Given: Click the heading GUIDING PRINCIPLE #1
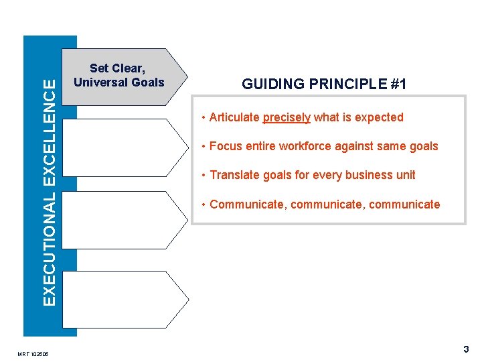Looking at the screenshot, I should [324, 84].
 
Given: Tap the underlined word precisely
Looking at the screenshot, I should [287, 118].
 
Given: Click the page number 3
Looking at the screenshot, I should [466, 349].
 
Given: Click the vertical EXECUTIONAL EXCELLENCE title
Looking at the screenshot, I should [50, 190].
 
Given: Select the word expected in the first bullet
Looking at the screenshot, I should [379, 118].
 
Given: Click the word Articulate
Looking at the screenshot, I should [234, 118].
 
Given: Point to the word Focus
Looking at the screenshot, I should [225, 146].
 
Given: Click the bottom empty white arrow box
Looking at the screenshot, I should [123, 299].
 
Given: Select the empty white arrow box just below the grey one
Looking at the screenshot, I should [123, 147].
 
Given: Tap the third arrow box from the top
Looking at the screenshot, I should [123, 219].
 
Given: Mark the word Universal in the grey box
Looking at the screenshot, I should [100, 82].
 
